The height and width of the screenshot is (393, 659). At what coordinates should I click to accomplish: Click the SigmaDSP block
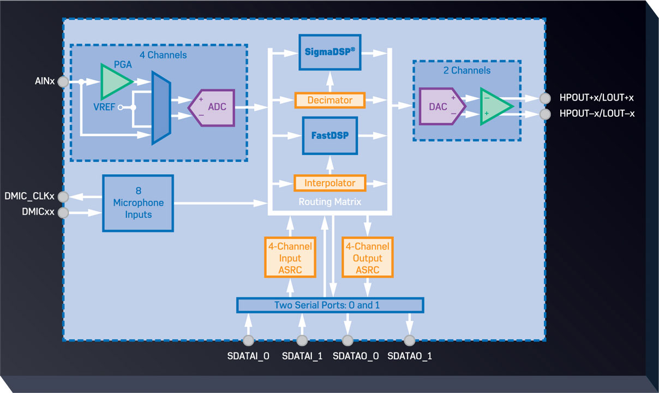(x=330, y=52)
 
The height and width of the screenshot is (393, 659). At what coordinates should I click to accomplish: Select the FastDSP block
(x=330, y=135)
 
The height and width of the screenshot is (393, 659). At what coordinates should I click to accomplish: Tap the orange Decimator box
(x=330, y=100)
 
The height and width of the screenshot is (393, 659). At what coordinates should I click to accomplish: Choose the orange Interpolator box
(x=330, y=183)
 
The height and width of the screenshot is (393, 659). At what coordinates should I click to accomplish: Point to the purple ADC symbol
(x=212, y=106)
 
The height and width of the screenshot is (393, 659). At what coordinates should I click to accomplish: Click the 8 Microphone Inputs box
(x=138, y=203)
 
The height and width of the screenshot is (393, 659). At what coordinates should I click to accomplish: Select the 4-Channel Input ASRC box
(x=290, y=258)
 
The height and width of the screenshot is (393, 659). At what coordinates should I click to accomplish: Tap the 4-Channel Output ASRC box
(x=368, y=258)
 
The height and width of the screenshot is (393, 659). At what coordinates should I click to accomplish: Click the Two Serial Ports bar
(x=330, y=305)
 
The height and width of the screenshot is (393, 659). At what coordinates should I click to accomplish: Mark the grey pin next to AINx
(x=63, y=82)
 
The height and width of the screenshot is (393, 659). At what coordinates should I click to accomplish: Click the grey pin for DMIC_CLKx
(x=63, y=196)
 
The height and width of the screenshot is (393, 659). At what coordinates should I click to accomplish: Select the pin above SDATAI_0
(x=248, y=341)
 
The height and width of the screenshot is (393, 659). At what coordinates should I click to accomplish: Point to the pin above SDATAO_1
(x=409, y=341)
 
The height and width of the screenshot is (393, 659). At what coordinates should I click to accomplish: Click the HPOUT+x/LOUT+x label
(x=596, y=98)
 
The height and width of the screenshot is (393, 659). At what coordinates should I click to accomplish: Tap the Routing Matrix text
(x=330, y=201)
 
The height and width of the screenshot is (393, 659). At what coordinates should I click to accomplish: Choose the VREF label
(x=104, y=108)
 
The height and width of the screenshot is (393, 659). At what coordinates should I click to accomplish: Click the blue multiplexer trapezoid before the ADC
(x=161, y=107)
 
